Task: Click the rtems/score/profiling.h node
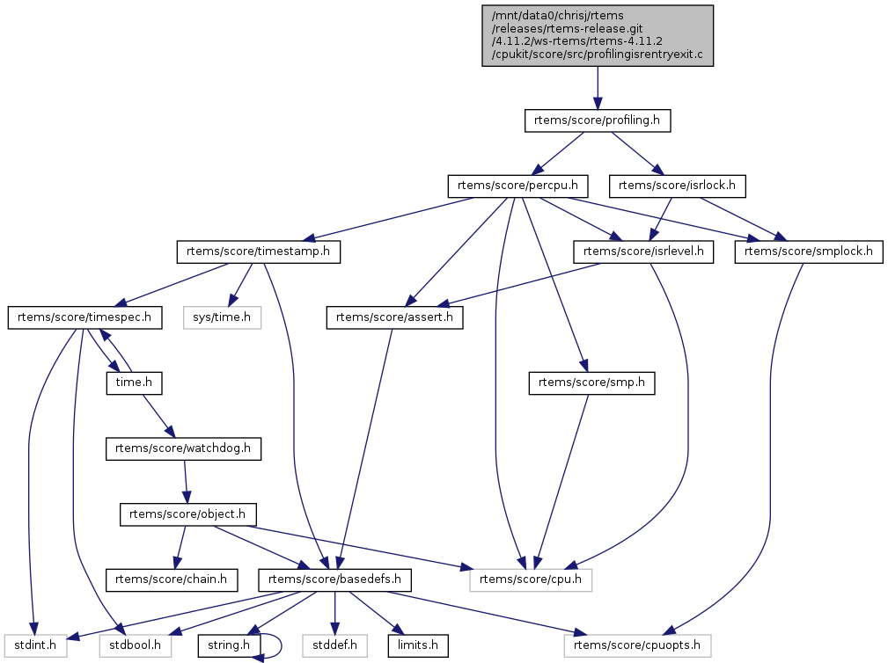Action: click(x=598, y=120)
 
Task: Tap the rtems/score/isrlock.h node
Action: click(x=678, y=186)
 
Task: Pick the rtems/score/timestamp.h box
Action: click(x=259, y=251)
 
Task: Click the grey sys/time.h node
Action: click(x=223, y=317)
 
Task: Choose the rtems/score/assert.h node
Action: click(x=394, y=317)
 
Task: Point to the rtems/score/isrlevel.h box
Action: click(x=644, y=251)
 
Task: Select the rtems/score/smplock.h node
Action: click(x=808, y=251)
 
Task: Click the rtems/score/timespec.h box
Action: click(x=85, y=317)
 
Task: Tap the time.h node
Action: click(x=124, y=382)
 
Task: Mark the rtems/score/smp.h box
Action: click(x=591, y=382)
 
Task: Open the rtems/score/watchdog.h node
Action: click(x=184, y=448)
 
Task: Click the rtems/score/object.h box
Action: click(x=188, y=514)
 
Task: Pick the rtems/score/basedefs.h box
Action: click(x=335, y=579)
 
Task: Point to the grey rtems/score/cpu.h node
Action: click(x=531, y=579)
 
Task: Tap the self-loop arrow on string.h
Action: click(x=275, y=645)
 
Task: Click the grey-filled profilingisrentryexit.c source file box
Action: click(x=598, y=35)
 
